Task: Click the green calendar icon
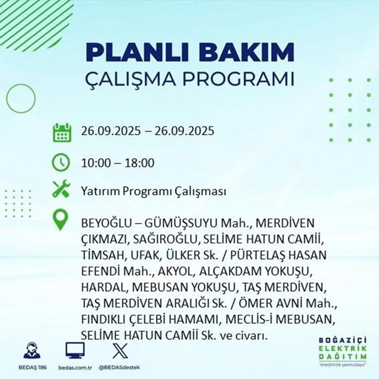[62, 133]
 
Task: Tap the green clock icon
[62, 163]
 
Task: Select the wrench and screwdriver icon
[62, 190]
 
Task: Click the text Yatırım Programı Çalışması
[154, 191]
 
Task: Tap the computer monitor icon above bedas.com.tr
[75, 351]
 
